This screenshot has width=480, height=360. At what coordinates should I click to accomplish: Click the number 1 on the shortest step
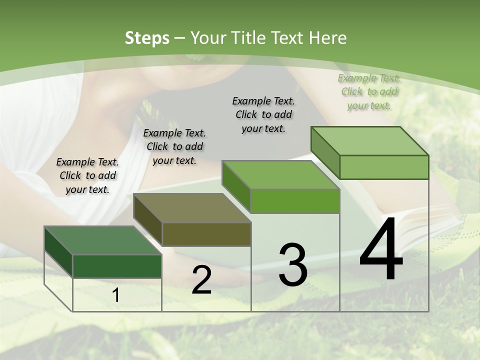(x=116, y=295)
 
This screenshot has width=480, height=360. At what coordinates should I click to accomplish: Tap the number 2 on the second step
(x=201, y=280)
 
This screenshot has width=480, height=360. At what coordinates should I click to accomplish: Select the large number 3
(x=292, y=265)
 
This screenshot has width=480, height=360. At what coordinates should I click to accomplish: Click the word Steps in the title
(x=147, y=38)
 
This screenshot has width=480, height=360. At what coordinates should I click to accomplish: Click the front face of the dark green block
(x=117, y=266)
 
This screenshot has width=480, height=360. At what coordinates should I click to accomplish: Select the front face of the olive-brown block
(x=206, y=234)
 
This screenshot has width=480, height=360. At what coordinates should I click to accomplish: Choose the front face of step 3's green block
(x=295, y=201)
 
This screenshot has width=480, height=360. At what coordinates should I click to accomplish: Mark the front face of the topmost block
(x=384, y=167)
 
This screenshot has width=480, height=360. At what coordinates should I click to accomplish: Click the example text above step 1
(x=87, y=175)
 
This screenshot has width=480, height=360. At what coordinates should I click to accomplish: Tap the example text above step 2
(x=174, y=146)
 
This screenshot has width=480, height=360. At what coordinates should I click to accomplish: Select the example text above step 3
(x=263, y=114)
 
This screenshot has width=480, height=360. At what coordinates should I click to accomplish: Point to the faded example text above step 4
(x=369, y=91)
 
